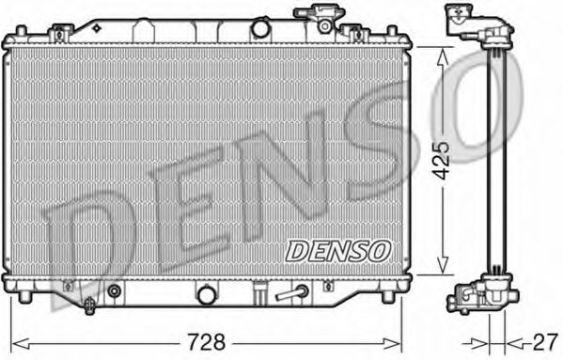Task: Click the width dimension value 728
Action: point(207,342)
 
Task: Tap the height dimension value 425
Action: point(441,161)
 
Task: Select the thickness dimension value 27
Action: point(545,342)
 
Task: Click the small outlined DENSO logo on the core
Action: point(337,251)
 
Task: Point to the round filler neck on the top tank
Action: point(259,28)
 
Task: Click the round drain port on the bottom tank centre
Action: point(207,295)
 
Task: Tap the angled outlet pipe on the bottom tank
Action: point(291,293)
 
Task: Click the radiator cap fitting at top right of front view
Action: point(320,19)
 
